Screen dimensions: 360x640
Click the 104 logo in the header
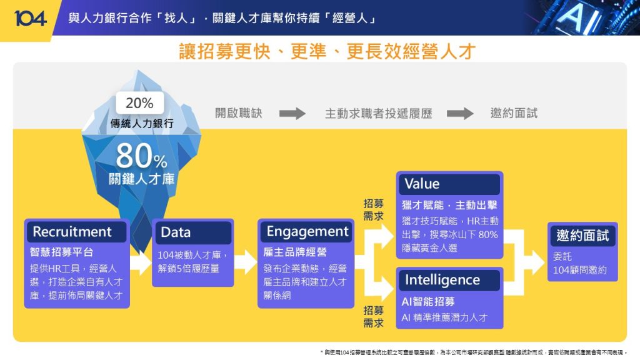[30, 18]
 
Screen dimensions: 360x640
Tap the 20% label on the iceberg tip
[139, 103]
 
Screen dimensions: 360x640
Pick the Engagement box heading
[307, 232]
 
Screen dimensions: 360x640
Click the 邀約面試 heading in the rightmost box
[582, 236]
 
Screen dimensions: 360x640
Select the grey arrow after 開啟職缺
[292, 114]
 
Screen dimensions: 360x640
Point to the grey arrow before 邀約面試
[460, 114]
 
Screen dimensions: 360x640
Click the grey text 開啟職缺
[239, 114]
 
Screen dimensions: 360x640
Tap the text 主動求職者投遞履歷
[378, 114]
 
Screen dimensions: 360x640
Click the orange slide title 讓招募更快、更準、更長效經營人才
[319, 51]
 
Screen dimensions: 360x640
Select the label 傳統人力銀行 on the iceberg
[142, 123]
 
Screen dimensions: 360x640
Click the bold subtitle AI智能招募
[428, 302]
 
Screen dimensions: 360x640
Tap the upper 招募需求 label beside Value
[374, 210]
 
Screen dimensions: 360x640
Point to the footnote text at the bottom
[473, 352]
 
